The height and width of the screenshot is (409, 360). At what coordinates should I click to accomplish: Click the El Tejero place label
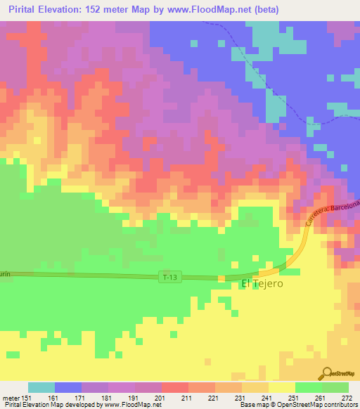coord(262,284)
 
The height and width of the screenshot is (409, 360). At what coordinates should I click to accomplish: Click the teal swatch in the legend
coord(41,387)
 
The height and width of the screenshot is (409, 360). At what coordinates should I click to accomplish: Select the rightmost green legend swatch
coord(335,387)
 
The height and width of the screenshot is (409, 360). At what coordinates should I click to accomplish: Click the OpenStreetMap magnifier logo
coord(326,373)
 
